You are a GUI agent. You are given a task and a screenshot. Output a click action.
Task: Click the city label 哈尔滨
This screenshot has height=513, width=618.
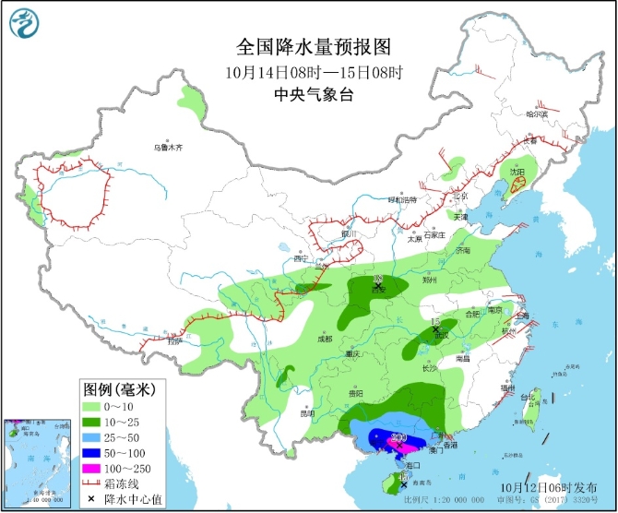click(536, 113)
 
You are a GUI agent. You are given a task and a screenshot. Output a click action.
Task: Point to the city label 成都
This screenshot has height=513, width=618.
click(322, 339)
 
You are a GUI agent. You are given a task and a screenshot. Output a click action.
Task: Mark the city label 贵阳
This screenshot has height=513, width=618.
click(354, 393)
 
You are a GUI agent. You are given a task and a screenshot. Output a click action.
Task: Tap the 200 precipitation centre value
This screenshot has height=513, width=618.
click(399, 436)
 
